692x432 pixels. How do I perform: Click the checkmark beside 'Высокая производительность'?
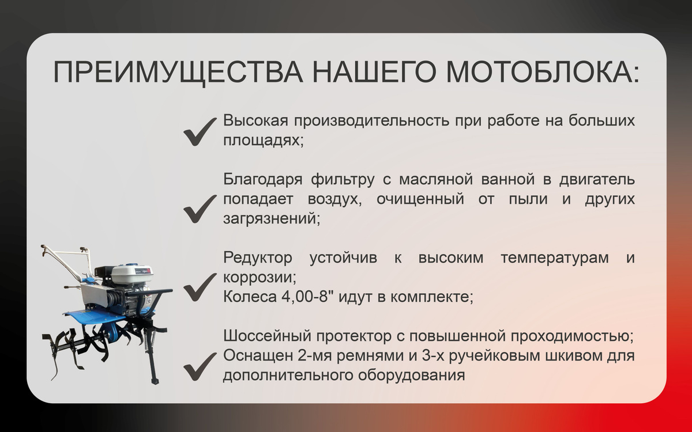click(200, 132)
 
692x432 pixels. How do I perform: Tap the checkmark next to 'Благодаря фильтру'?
click(200, 209)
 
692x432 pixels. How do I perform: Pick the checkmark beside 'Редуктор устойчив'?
click(200, 287)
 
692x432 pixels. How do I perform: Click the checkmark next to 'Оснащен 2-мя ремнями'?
click(200, 366)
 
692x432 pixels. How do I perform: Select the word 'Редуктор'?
click(258, 257)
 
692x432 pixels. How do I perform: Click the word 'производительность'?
click(371, 121)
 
